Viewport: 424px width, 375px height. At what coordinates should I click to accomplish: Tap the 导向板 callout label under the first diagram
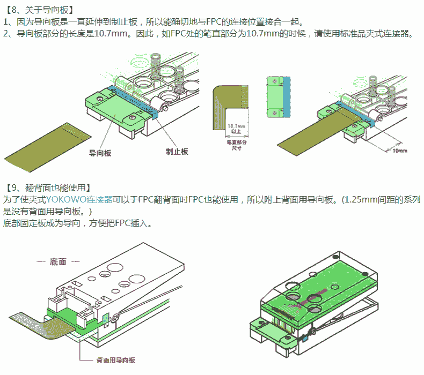pos(100,153)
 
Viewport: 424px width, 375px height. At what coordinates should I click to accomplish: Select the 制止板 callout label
pos(177,152)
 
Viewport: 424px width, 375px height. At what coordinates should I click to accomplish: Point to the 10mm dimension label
pos(400,151)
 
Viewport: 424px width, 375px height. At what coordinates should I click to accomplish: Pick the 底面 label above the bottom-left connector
pos(58,262)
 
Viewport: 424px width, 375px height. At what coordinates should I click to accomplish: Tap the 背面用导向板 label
pos(115,360)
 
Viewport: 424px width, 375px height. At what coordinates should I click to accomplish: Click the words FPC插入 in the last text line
pos(135,222)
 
